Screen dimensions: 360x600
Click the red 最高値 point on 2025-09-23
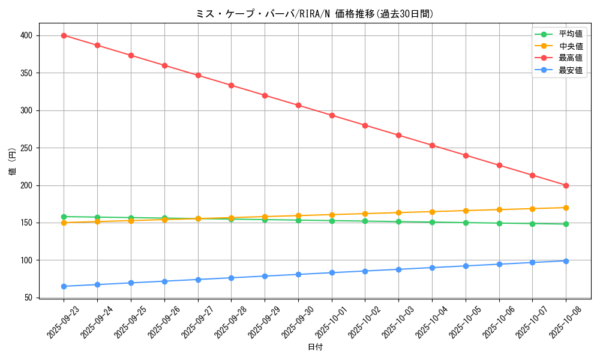tap(64, 35)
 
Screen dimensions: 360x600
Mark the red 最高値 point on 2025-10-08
tap(566, 185)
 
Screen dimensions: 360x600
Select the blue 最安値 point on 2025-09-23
tap(64, 286)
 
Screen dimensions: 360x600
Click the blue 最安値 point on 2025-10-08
tap(566, 261)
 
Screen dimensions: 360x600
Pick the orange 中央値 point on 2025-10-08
tap(566, 208)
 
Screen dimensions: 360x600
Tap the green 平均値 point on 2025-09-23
tap(64, 217)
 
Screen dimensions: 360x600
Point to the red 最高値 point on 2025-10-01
tap(332, 115)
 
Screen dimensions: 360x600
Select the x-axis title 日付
tap(315, 347)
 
